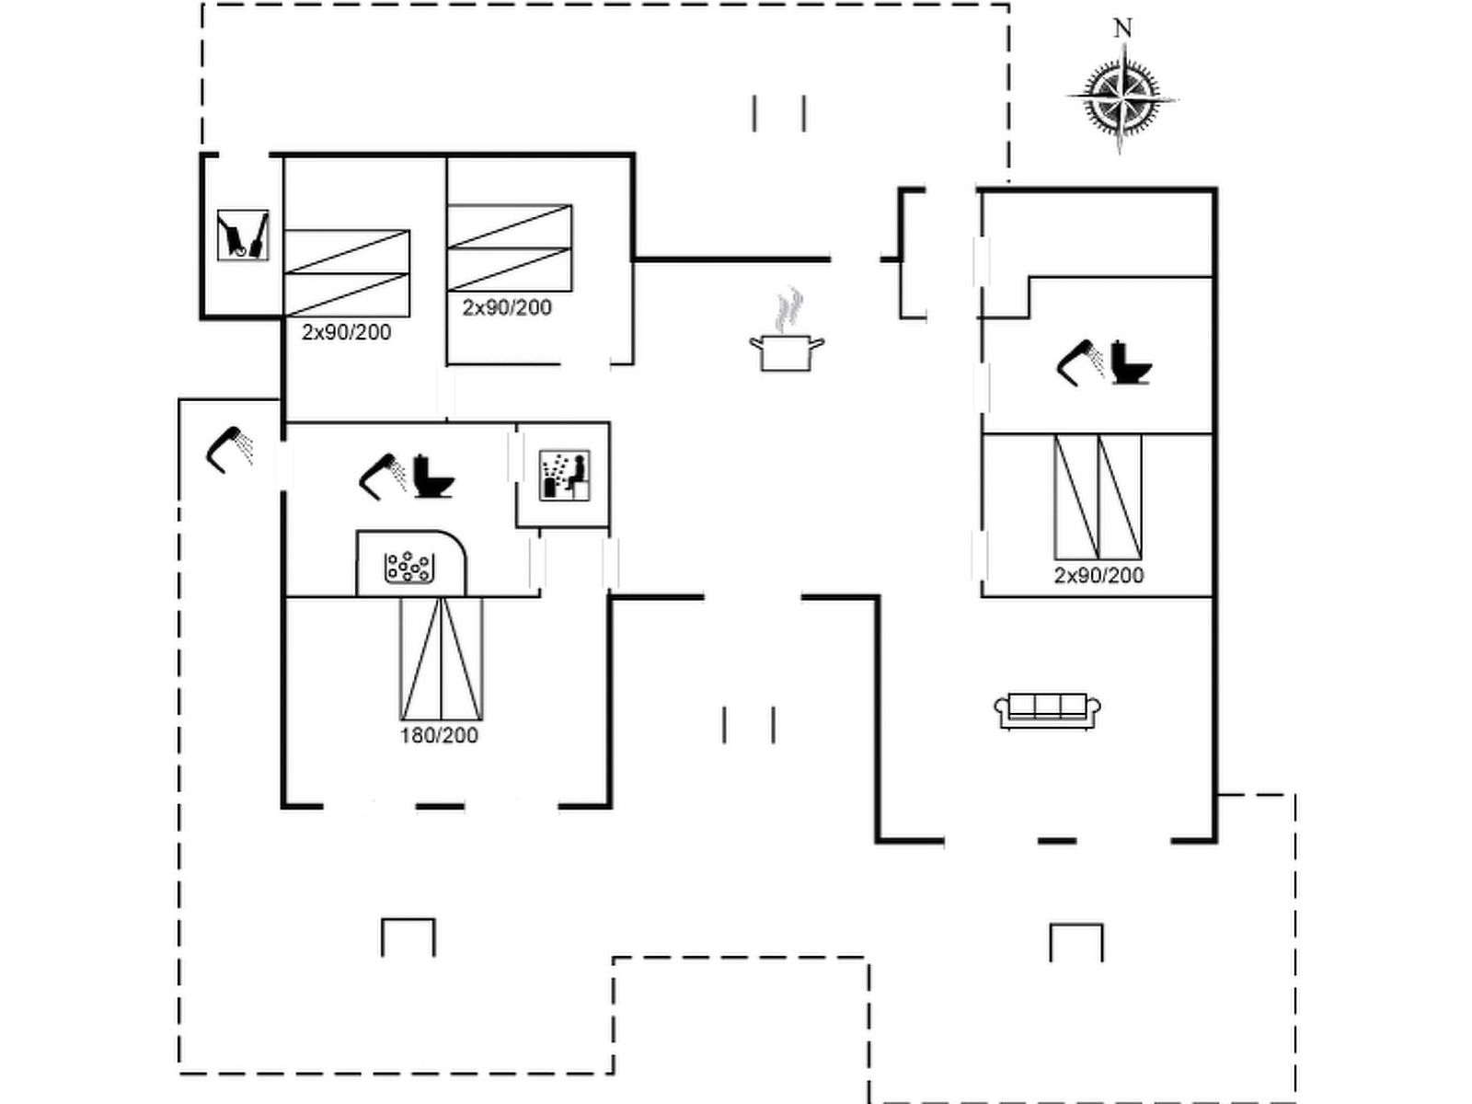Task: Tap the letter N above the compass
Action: (1122, 29)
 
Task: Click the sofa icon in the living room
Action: (1048, 710)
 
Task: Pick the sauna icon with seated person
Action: (564, 476)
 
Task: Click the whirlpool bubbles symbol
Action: (408, 568)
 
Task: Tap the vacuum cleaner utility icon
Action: (243, 236)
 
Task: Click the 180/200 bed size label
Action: (439, 735)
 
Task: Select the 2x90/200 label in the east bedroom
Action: (1098, 575)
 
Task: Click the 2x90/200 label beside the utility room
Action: (346, 332)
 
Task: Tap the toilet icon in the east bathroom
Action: (1131, 362)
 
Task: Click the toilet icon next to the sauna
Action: (433, 476)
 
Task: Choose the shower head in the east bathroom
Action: (1080, 362)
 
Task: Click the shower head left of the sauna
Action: (384, 476)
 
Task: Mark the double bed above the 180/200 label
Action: (442, 658)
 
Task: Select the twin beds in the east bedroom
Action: (1098, 497)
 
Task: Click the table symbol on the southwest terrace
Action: (408, 937)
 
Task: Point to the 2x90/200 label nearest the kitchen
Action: (507, 307)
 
